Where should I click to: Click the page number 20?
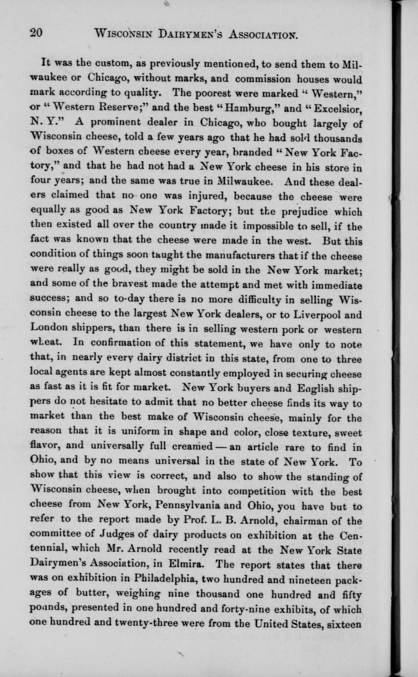click(x=36, y=33)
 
